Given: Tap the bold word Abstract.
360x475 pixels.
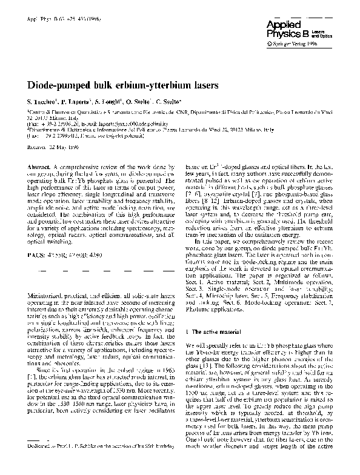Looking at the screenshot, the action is click(40, 166).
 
